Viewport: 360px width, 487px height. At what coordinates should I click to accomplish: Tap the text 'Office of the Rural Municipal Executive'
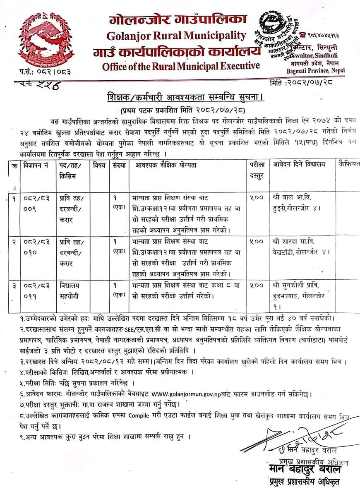[x=181, y=66]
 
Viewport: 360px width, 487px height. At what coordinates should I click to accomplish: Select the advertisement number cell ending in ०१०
[x=36, y=247]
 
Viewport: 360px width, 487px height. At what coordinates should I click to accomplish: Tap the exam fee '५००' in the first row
[x=257, y=198]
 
